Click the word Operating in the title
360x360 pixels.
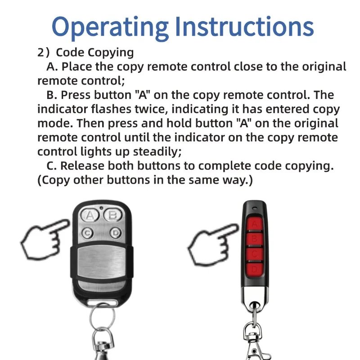click(110, 27)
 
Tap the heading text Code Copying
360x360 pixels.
click(94, 53)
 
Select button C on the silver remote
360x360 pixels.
click(88, 233)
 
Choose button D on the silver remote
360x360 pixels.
click(115, 233)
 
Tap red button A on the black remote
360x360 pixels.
click(255, 224)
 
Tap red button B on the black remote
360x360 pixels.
click(255, 239)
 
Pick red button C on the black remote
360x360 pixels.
click(255, 254)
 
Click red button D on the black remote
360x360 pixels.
click(255, 269)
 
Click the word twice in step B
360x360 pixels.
click(133, 109)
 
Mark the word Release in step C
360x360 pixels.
click(83, 166)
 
